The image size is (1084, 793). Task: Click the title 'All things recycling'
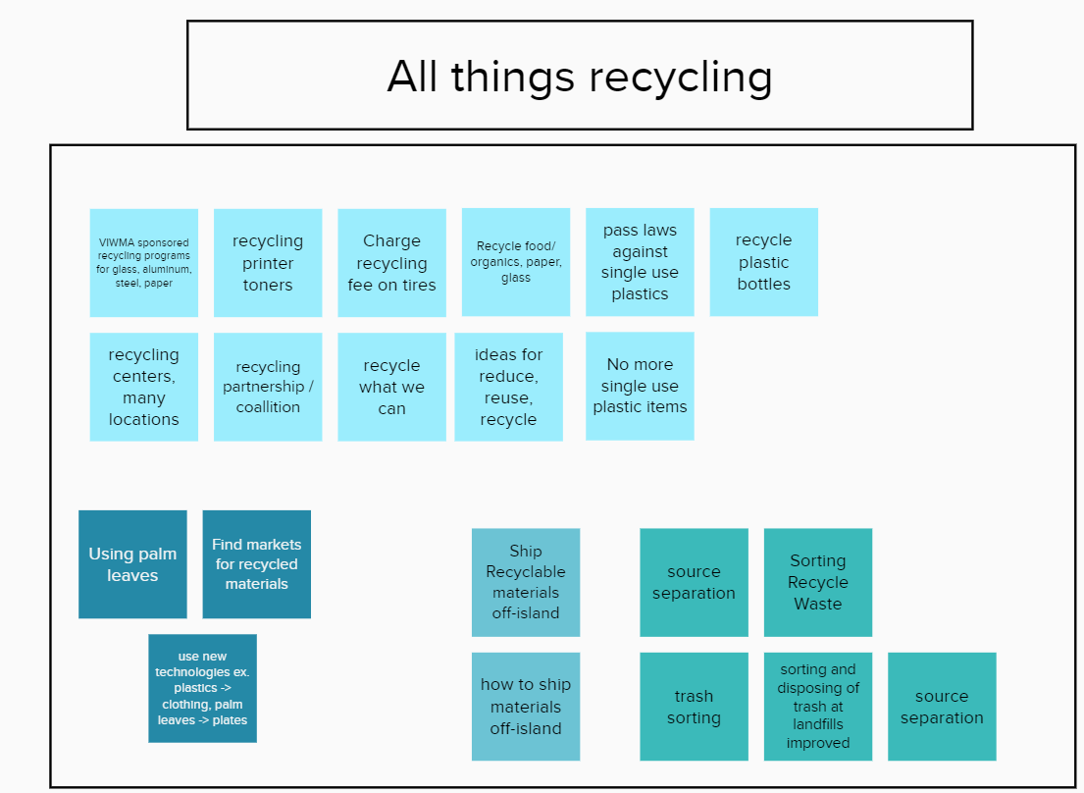click(580, 76)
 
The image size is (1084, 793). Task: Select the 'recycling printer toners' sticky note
click(268, 263)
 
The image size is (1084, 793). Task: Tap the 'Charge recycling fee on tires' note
click(391, 263)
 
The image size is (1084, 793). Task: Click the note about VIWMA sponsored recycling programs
click(144, 263)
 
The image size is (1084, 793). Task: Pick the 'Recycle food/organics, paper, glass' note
click(516, 262)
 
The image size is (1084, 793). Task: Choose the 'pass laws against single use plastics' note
click(640, 262)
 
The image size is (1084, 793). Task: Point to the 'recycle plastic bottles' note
click(764, 262)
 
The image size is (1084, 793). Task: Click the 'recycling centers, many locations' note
click(144, 387)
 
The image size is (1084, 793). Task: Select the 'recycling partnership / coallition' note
click(268, 387)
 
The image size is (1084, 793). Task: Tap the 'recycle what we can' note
click(391, 387)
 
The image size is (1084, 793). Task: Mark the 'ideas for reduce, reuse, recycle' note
click(509, 387)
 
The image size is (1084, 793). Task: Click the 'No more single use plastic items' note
click(640, 386)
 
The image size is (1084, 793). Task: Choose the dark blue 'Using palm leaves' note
click(132, 564)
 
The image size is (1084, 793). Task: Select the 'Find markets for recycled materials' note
click(256, 564)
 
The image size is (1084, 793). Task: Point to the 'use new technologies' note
click(202, 689)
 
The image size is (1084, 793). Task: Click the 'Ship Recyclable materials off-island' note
click(526, 582)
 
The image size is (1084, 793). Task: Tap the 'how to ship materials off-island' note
click(526, 707)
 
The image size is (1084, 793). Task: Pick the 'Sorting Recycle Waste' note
click(818, 582)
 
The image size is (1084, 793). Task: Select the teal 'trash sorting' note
click(695, 707)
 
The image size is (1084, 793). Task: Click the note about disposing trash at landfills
click(818, 707)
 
